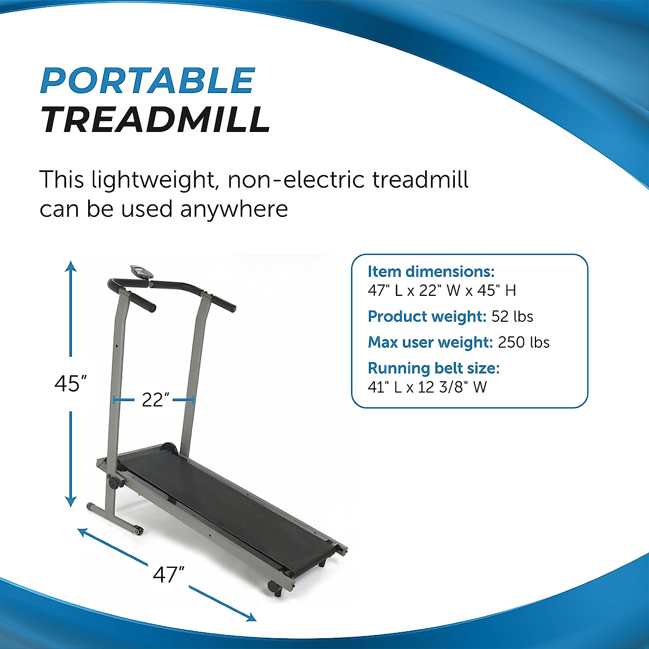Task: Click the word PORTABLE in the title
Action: (x=147, y=81)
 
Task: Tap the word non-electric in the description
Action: (x=296, y=180)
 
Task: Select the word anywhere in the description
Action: (x=234, y=209)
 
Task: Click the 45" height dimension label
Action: (x=71, y=384)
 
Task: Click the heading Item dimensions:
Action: (x=431, y=271)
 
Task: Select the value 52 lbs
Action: (x=512, y=316)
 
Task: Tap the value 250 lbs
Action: (x=524, y=342)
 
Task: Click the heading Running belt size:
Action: (x=434, y=368)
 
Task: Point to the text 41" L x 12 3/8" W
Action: (x=427, y=387)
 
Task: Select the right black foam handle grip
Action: (x=223, y=304)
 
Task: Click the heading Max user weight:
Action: (x=429, y=342)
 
